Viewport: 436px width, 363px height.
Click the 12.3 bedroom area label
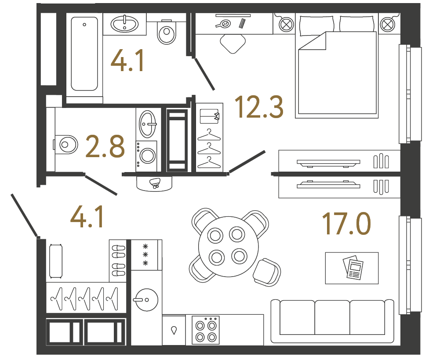pos(258,108)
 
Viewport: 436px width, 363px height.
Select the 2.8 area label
pos(105,147)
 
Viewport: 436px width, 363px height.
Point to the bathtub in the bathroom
pos(84,54)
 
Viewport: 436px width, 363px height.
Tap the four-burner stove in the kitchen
pos(207,331)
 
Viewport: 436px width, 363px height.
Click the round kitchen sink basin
pos(145,300)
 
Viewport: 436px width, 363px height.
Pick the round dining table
pos(226,246)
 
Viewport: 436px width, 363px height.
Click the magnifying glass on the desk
pos(224,24)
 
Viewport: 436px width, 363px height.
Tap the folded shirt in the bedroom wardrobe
pos(209,116)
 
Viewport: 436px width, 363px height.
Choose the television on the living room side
pos(328,184)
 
